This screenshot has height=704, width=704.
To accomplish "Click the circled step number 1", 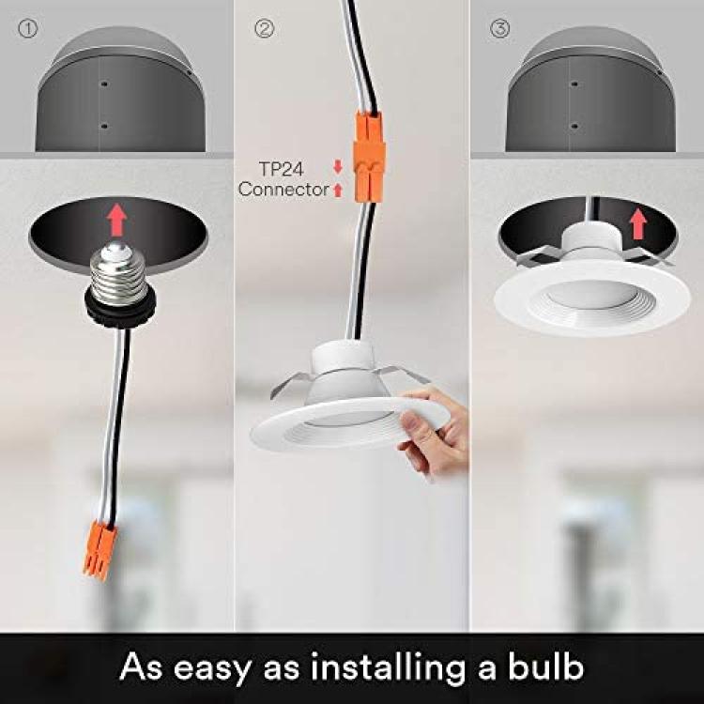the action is point(28,28).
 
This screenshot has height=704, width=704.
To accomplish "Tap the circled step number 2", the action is point(265,28).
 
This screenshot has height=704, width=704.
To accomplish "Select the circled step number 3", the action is point(499,28).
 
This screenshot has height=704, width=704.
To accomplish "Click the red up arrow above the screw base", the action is point(117,220).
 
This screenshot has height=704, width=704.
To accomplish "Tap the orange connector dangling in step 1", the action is point(99,549).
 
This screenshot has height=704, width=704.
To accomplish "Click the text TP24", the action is point(282,169).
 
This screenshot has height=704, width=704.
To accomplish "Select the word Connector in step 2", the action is point(283,189).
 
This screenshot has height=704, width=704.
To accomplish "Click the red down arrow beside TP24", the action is point(338,167).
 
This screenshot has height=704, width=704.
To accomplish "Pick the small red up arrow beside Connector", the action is point(338,190).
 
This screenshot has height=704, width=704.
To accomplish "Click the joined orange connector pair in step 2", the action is point(369,157).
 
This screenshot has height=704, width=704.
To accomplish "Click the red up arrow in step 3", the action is point(637,224).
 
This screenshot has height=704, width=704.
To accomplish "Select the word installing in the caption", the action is point(389,669).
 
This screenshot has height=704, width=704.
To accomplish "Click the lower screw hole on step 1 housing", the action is point(104,126).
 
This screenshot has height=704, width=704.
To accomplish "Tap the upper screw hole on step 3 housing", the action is point(574,84).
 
